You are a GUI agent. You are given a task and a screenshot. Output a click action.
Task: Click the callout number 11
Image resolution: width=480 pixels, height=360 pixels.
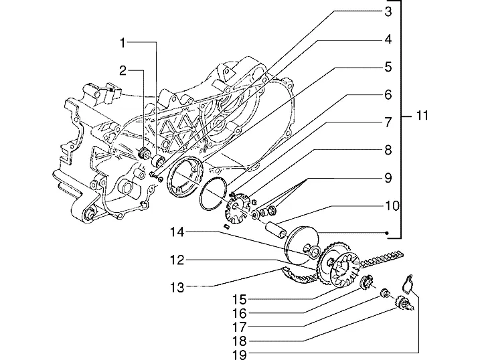coord(422,116)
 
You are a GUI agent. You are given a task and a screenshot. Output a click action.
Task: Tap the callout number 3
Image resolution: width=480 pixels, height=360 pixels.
coord(388,11)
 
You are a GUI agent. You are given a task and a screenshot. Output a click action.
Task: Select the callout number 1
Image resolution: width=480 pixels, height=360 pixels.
coord(123,43)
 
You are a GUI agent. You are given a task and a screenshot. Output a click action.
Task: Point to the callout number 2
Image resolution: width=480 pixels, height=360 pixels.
coord(123,71)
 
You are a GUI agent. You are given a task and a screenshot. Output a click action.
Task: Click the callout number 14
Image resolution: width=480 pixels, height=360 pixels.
coord(177,232)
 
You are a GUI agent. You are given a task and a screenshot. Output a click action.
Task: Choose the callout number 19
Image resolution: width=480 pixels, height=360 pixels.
coord(239,355)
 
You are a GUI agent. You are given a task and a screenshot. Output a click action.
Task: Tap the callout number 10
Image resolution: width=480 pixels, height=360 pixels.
coord(392,206)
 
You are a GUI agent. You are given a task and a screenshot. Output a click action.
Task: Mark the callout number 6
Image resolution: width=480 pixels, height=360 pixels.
coord(388,95)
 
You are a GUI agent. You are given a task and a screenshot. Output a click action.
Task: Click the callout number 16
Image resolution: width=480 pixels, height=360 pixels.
coord(239,313)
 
